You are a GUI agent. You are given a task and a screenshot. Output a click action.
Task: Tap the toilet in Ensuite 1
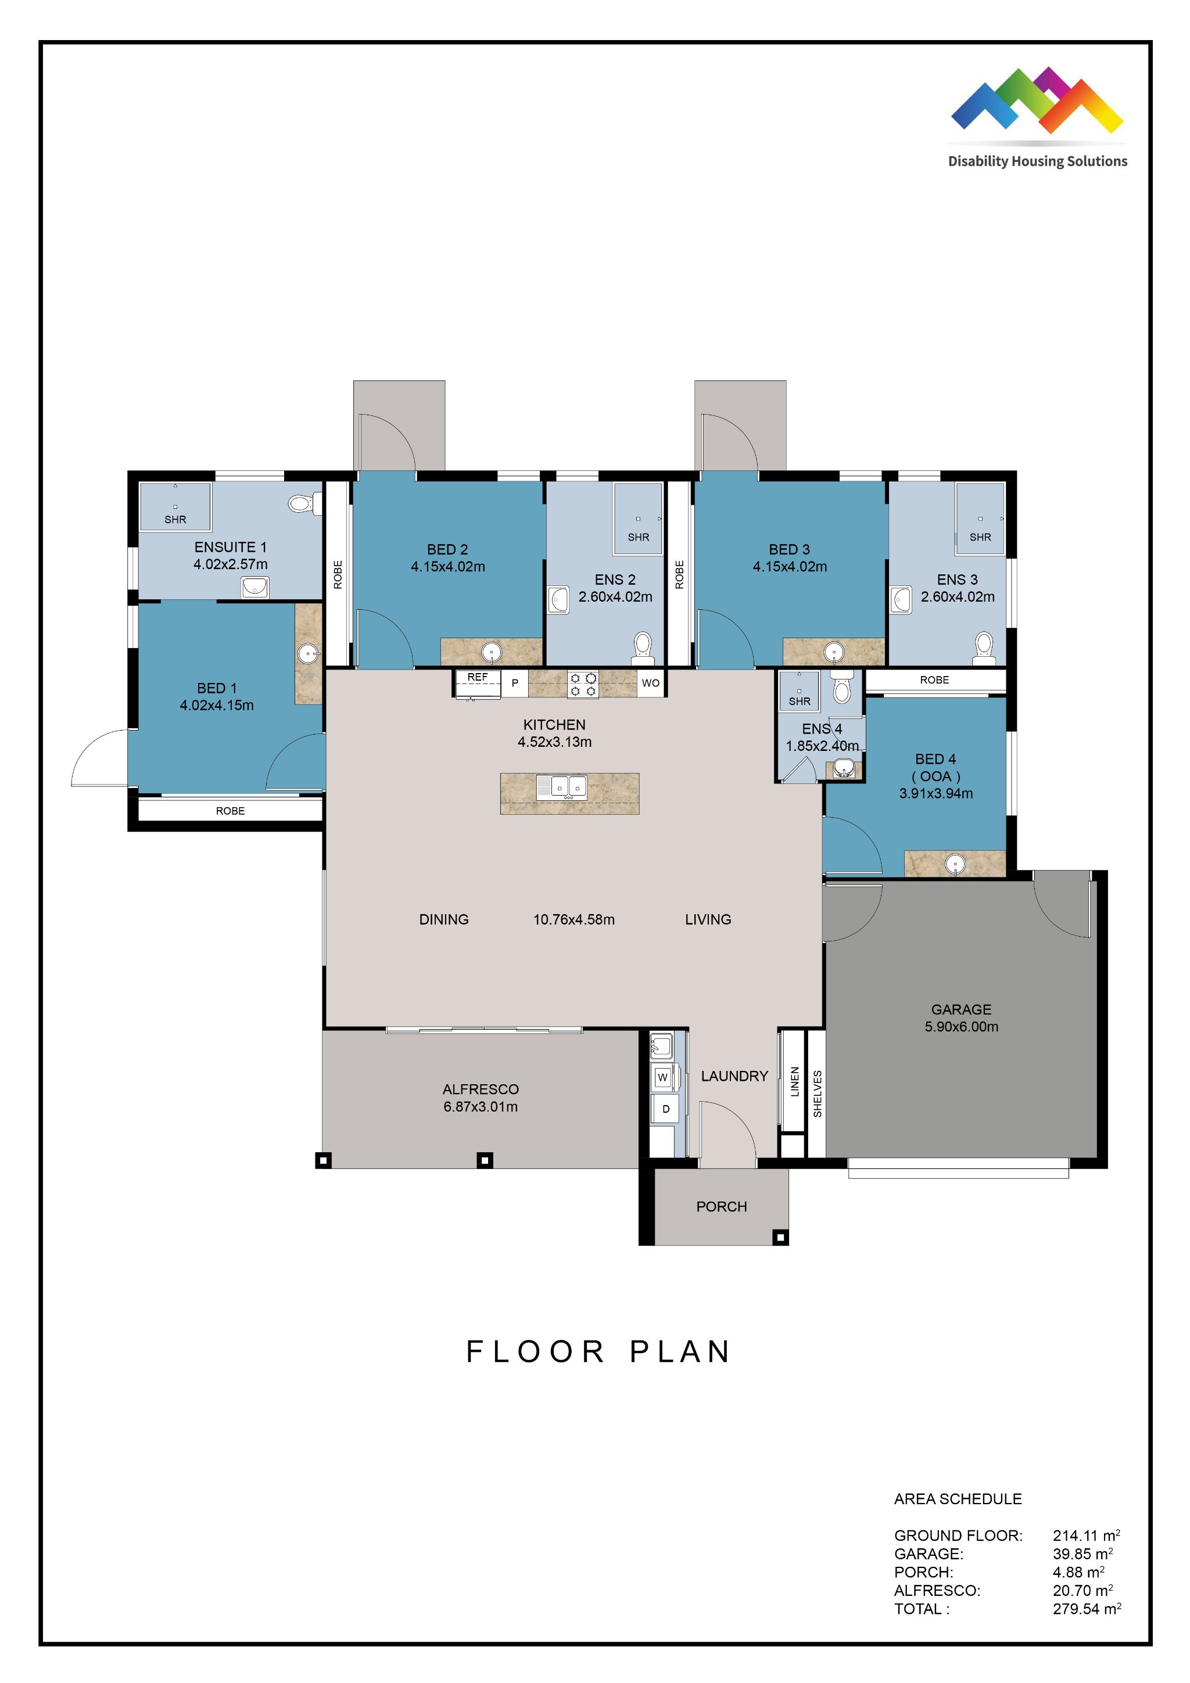click(300, 503)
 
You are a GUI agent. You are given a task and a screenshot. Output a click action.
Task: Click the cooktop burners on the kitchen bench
click(583, 685)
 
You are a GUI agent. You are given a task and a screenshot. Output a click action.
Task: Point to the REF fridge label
click(477, 677)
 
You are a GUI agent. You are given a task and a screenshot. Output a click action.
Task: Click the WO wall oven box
click(650, 683)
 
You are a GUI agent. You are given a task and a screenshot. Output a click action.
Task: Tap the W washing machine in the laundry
click(663, 1077)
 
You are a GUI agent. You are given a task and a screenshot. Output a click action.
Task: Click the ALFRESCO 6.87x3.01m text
click(481, 1098)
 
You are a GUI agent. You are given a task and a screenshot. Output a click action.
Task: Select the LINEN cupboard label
click(794, 1082)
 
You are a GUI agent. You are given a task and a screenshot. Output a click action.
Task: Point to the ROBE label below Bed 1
click(230, 811)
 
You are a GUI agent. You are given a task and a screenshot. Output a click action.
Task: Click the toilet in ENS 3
click(983, 646)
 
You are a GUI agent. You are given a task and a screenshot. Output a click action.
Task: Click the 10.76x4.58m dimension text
click(574, 919)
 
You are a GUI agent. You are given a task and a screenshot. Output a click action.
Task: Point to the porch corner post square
click(781, 1238)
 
